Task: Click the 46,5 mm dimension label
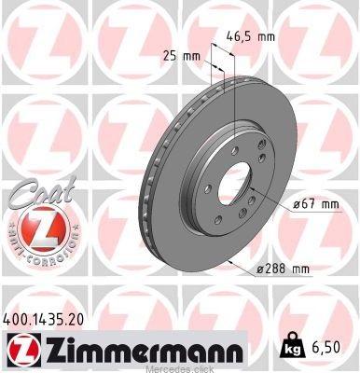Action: point(250,37)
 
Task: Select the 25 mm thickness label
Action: point(182,56)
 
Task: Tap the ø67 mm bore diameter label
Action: point(316,204)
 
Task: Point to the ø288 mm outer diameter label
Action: point(283,269)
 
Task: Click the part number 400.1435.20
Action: point(43,320)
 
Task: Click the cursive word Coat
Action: point(42,192)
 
